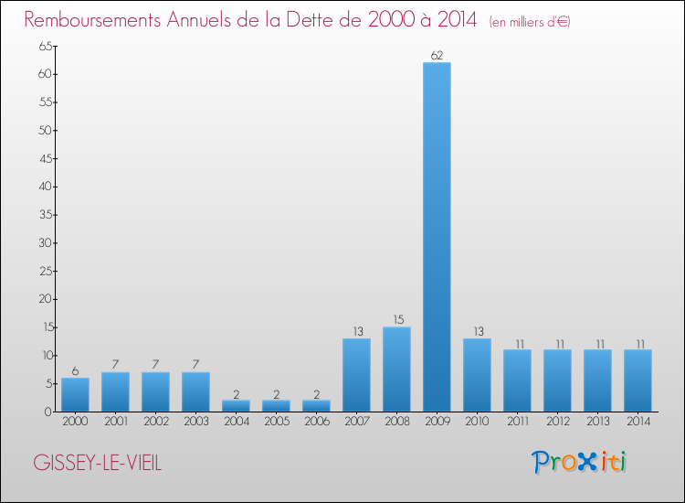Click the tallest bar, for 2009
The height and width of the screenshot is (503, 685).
coord(437,237)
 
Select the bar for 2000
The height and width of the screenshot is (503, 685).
coord(75,395)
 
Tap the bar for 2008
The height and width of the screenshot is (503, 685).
coord(396,369)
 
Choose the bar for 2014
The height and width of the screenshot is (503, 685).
coord(638,380)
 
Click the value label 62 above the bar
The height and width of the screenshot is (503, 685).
coord(437,56)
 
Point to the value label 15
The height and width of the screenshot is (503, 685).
coord(396,320)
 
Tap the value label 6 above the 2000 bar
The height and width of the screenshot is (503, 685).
coord(75,371)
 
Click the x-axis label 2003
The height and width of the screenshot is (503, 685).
coord(195,422)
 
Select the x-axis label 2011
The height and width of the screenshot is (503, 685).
coord(517,422)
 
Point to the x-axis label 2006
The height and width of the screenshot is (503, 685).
coord(316,422)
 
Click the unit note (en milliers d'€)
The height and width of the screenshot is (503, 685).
coord(530,22)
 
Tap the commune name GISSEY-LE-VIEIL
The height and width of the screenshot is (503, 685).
coord(98,463)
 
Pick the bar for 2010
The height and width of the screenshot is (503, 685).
coord(477,375)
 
